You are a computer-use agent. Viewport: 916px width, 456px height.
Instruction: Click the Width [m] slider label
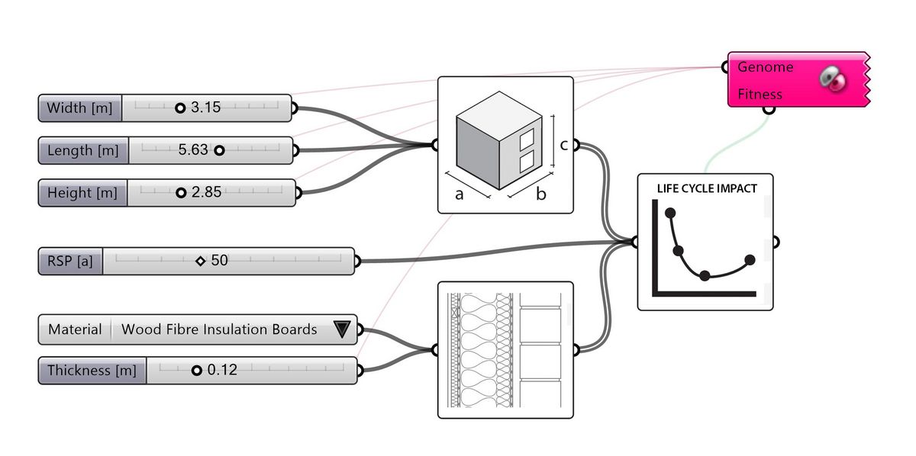pos(79,108)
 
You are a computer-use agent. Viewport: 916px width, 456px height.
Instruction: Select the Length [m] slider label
pos(82,151)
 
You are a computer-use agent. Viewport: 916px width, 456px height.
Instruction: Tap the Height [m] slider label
pos(82,193)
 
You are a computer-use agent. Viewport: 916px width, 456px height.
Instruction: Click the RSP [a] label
pos(69,261)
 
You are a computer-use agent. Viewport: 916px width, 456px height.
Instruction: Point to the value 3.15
pos(205,108)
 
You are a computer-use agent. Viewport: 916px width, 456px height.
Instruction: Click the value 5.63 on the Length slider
pos(193,150)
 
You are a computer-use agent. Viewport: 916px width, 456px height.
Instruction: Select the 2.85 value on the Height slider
pos(206,193)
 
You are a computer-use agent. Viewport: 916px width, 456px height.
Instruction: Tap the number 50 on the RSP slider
pos(219,261)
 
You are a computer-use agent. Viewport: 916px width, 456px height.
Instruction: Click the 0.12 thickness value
pos(222,371)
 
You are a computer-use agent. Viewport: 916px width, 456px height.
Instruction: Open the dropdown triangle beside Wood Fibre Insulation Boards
pos(341,329)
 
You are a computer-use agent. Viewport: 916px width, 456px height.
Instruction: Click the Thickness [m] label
pos(92,371)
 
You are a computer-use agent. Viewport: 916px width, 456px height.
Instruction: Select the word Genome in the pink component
pos(765,67)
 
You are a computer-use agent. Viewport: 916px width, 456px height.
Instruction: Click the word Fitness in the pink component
pos(760,95)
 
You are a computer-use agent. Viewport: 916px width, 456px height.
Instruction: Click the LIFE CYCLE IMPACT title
pos(707,188)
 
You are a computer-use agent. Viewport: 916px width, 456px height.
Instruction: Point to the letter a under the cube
pos(460,194)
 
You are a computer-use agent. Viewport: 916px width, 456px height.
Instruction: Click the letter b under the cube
pos(540,194)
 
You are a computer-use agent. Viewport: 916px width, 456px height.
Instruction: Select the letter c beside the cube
pos(563,144)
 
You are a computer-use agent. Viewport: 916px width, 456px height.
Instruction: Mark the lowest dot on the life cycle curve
pos(705,275)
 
